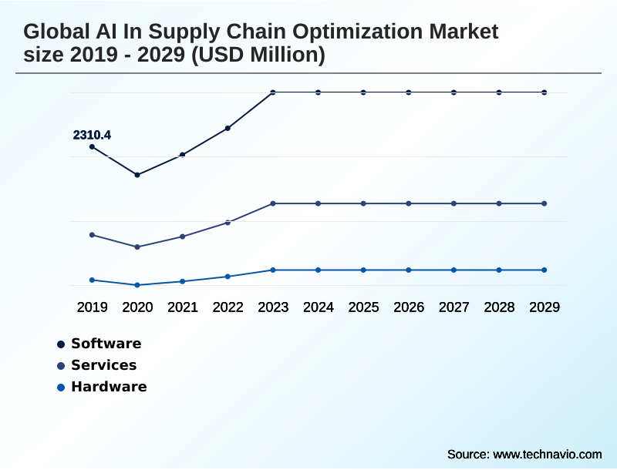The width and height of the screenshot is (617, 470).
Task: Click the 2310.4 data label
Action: pos(92,135)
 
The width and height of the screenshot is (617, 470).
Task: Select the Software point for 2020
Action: pos(137,175)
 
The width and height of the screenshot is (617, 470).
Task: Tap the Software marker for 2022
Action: pos(228,128)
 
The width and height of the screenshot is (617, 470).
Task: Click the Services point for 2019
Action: pos(92,234)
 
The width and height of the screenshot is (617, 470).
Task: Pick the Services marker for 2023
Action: pos(273,203)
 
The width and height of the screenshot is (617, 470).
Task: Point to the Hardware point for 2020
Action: pos(137,285)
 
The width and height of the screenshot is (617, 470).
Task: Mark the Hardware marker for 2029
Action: pos(545,270)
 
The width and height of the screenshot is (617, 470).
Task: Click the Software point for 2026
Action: pos(409,92)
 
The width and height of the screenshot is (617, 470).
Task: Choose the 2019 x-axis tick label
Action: pos(92,307)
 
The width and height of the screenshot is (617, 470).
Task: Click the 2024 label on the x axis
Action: pos(319,307)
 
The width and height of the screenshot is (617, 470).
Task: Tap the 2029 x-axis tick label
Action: pos(545,307)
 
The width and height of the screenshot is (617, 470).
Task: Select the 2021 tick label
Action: pos(183,307)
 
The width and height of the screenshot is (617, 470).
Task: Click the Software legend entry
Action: pos(106,344)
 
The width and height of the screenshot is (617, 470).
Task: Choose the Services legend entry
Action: pos(103,365)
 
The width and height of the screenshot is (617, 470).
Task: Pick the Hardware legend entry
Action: pos(108,387)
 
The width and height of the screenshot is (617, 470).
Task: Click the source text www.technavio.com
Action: pos(547,454)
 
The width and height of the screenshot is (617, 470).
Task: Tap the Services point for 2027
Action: pos(454,203)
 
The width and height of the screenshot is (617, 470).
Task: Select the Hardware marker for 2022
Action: pos(228,276)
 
